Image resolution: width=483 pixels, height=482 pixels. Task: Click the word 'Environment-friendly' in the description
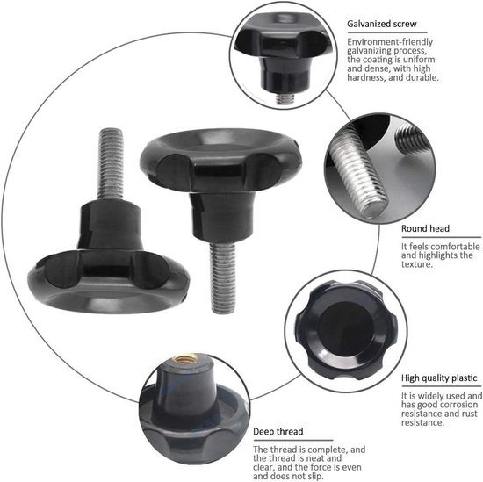click(x=382, y=42)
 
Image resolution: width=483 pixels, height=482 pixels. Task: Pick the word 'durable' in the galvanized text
click(x=418, y=77)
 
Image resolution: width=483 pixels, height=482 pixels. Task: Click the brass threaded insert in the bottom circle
click(x=187, y=379)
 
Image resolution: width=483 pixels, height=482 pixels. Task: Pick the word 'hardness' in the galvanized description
click(x=369, y=77)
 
